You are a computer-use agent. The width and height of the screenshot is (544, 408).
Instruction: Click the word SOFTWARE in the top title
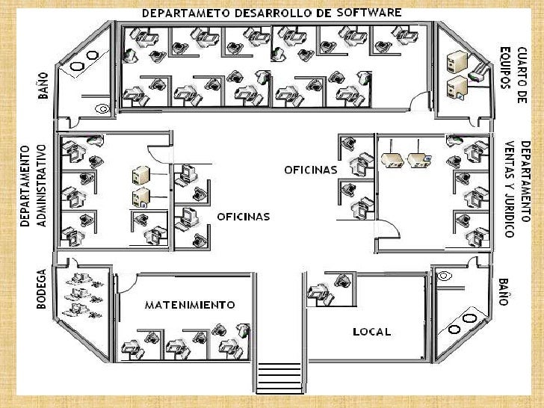tap(369, 13)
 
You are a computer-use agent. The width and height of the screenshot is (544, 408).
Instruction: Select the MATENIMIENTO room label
tap(189, 305)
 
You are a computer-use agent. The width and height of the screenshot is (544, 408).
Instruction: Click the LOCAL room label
tap(371, 331)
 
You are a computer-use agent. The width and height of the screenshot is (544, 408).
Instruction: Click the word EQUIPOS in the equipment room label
tap(506, 67)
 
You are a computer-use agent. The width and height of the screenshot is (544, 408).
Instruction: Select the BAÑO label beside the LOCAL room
tap(504, 291)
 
